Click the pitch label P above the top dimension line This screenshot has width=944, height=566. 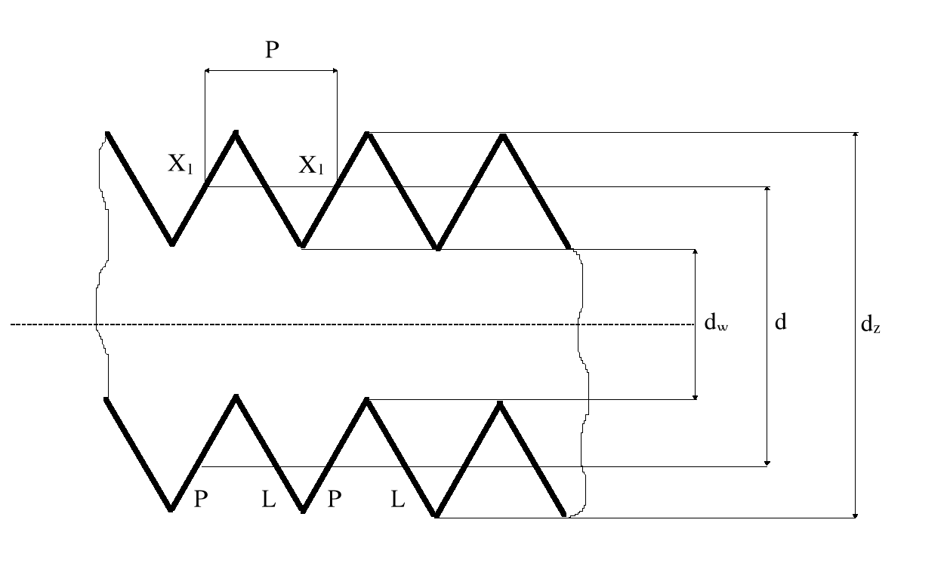click(x=271, y=51)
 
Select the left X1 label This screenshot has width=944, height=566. click(x=180, y=165)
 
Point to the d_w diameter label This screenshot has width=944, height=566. click(x=716, y=324)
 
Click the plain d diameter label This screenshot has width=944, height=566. click(x=781, y=323)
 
